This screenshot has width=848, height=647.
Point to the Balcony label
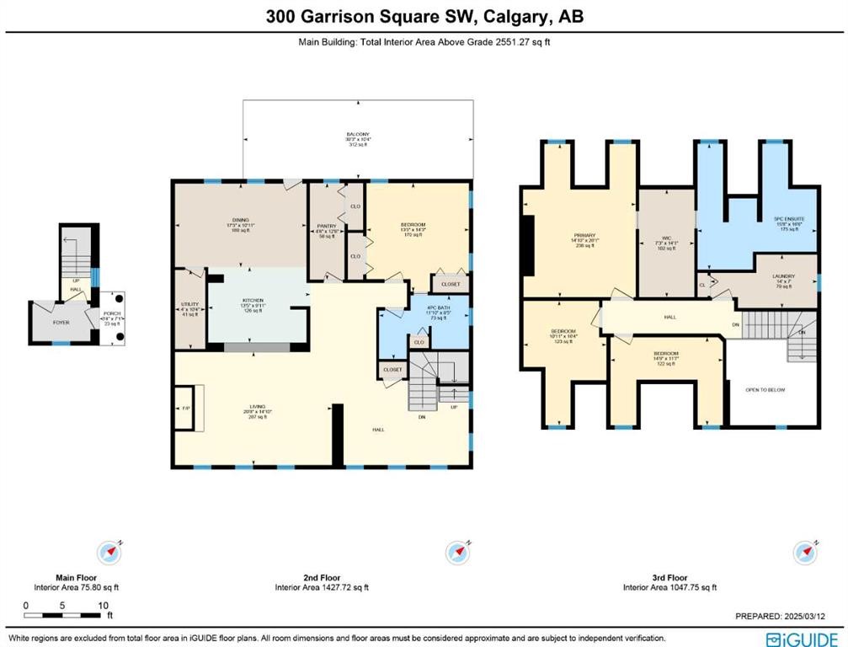(357, 135)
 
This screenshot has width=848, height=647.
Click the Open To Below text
(770, 390)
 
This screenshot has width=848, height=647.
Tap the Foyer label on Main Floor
(61, 322)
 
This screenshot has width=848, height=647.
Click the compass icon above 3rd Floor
(805, 553)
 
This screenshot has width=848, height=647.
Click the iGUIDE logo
(802, 638)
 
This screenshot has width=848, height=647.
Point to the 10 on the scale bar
(102, 606)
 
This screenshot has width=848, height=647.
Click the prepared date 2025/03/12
(814, 616)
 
